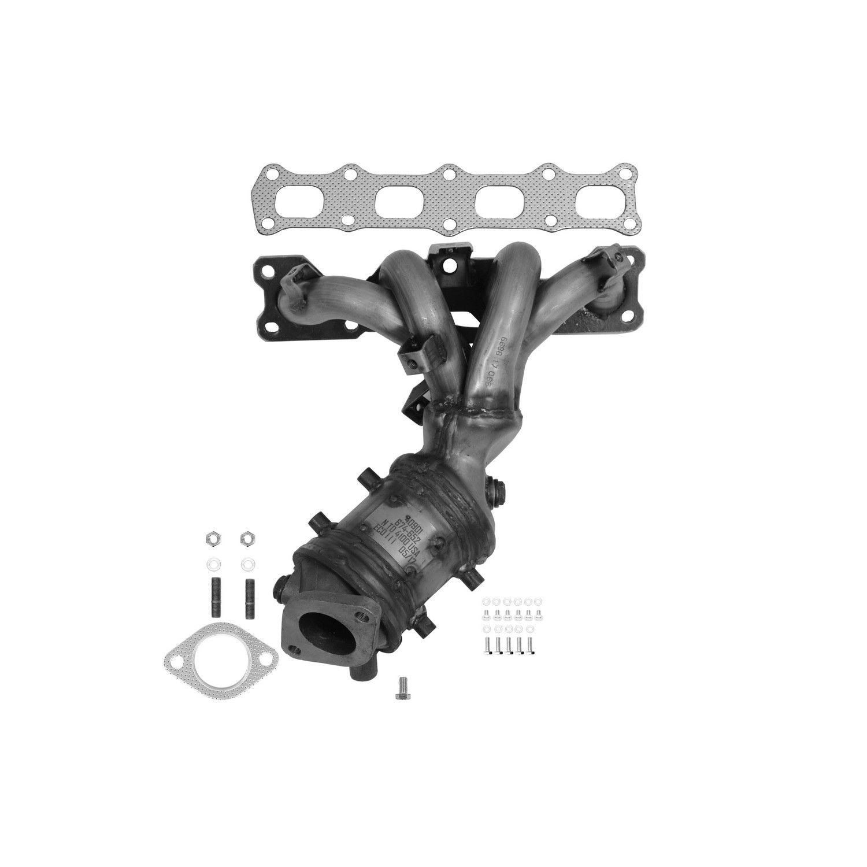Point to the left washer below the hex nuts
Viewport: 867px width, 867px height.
(212, 562)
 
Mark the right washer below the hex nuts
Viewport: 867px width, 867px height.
(247, 562)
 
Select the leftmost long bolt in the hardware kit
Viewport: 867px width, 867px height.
(487, 646)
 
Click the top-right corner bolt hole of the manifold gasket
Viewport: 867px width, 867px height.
(625, 173)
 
